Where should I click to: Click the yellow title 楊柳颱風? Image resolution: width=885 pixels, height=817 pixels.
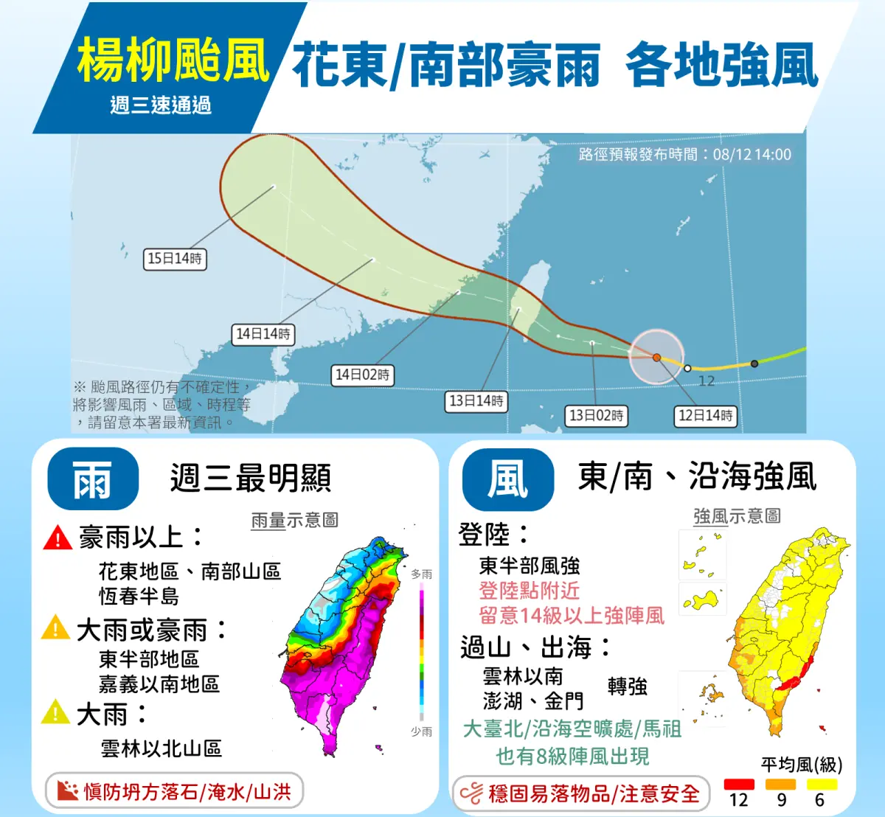[173, 60]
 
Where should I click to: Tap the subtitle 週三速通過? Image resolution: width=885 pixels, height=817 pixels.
[161, 105]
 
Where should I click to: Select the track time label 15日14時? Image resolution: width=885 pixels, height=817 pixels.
[175, 258]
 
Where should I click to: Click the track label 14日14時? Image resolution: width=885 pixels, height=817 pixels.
[263, 334]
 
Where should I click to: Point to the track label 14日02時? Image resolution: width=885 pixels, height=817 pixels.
[361, 375]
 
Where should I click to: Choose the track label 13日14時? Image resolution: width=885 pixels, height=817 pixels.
[476, 401]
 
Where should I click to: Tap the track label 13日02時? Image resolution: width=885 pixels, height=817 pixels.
[596, 416]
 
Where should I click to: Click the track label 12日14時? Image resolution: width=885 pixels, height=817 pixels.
[705, 416]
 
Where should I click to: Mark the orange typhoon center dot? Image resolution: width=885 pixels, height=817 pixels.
[656, 357]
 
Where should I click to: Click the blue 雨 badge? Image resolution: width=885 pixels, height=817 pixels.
[92, 479]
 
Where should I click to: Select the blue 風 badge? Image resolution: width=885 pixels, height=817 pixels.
[507, 479]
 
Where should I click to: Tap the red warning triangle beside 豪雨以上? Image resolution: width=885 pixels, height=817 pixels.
[58, 538]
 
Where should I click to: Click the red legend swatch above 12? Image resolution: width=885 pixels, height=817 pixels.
[739, 785]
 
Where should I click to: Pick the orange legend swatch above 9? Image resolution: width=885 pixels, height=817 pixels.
[781, 785]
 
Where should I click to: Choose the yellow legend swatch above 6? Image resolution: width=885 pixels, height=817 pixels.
[822, 785]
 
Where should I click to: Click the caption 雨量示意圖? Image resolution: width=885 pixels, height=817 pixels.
[294, 521]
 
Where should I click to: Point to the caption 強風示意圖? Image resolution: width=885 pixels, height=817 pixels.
[737, 516]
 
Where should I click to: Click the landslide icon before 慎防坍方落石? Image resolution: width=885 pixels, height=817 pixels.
[67, 791]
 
